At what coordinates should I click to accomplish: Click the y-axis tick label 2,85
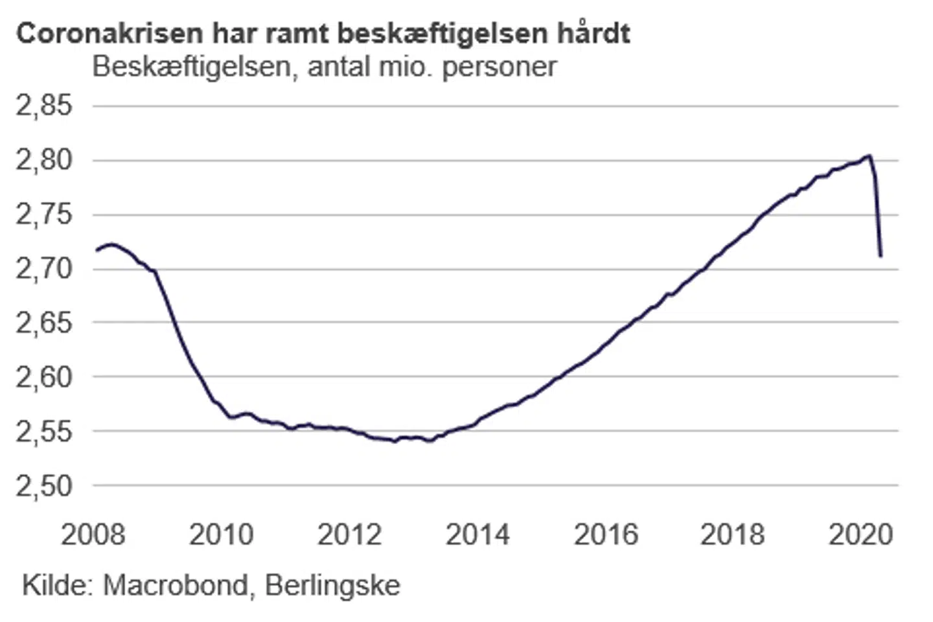pos(44,106)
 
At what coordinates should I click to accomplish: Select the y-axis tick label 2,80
pos(44,160)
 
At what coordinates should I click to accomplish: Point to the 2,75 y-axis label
pos(44,214)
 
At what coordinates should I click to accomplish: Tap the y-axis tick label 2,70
pos(44,268)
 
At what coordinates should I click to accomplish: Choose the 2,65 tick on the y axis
pos(44,323)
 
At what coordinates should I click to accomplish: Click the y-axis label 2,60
pos(44,377)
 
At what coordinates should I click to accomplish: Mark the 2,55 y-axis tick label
pos(44,432)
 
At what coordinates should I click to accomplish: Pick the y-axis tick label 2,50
pos(44,486)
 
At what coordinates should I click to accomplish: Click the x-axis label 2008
pos(93,535)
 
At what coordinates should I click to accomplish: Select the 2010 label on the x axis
pos(222,535)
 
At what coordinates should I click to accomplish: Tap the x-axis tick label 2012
pos(350,535)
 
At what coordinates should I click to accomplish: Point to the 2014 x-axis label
pos(478,535)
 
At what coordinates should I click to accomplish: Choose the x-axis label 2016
pos(606,535)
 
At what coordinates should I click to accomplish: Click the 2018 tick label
pos(733,535)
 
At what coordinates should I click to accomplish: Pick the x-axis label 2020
pos(861,535)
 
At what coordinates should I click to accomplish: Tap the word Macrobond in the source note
pos(176,586)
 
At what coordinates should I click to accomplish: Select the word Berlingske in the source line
pos(333,586)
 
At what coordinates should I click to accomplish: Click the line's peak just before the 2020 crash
pos(869,155)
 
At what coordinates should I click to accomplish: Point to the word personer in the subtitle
pos(500,67)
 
